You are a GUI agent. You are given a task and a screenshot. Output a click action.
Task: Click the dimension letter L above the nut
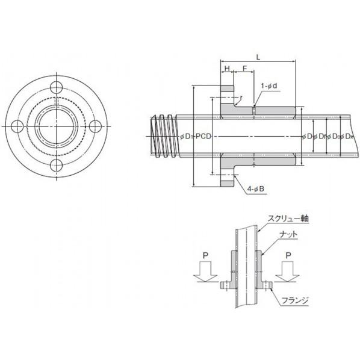258,56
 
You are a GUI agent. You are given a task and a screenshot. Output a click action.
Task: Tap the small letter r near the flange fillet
241,97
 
